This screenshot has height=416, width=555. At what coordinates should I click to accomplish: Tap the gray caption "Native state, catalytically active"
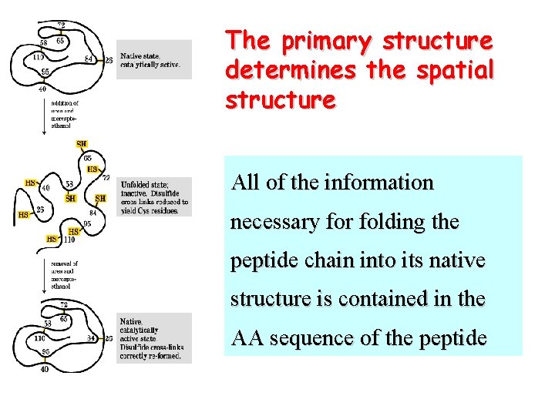pyautogui.click(x=153, y=59)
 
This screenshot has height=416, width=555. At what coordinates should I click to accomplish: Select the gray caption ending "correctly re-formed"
pyautogui.click(x=153, y=340)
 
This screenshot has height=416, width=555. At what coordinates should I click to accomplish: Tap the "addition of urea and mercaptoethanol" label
pyautogui.click(x=66, y=114)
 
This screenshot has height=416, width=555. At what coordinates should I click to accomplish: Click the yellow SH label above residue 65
pyautogui.click(x=82, y=144)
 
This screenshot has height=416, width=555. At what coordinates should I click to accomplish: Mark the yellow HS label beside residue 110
pyautogui.click(x=52, y=239)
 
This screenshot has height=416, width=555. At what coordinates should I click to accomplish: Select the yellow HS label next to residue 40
pyautogui.click(x=30, y=183)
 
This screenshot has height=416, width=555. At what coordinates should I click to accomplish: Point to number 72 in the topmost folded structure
pyautogui.click(x=61, y=26)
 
